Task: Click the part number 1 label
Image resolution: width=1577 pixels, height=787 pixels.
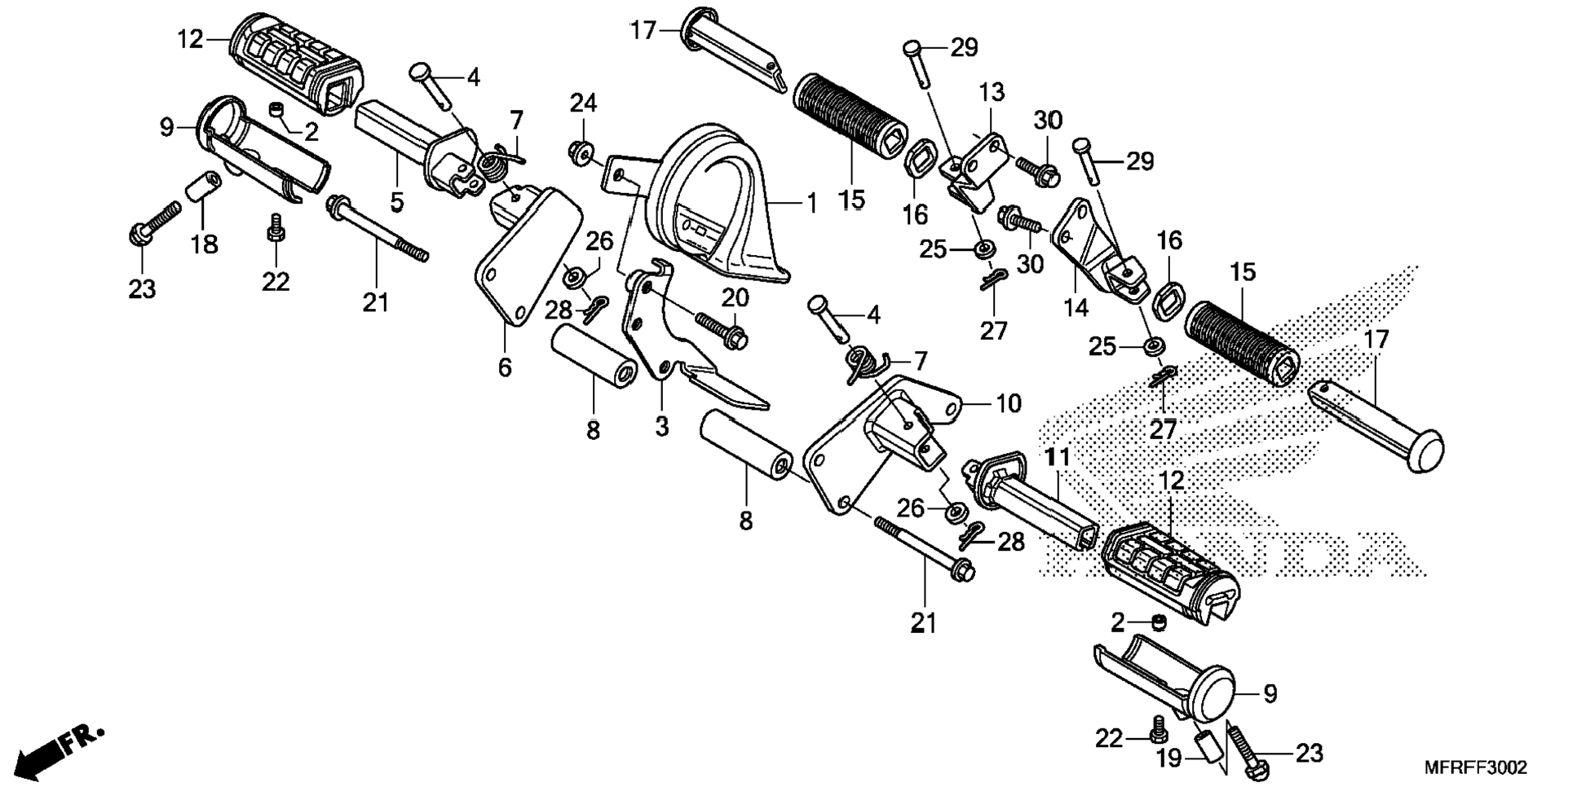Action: pos(811,203)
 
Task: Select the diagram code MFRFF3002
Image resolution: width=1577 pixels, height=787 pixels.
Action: pos(1475,767)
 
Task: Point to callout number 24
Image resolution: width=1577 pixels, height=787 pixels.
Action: pos(583,103)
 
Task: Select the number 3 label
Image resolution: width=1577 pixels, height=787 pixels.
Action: pos(661,425)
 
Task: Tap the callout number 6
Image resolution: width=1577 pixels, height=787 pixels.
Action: pos(505,367)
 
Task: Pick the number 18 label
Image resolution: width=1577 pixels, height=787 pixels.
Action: pos(205,243)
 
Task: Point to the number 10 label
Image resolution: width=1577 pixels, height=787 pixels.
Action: pos(1008,402)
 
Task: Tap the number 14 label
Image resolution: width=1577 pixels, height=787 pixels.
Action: pos(1076,306)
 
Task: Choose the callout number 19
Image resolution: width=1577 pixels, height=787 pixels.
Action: pos(1168,758)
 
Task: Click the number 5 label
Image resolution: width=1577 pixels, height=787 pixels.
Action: pos(396,201)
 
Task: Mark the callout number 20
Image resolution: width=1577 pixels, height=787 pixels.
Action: pos(735,297)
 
